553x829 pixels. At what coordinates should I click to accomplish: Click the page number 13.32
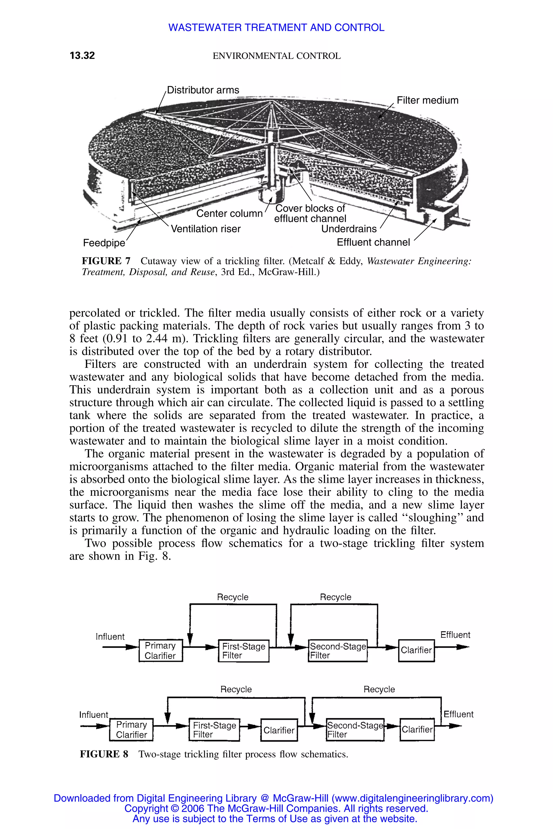pos(82,55)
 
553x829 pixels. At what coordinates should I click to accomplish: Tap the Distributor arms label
pos(203,90)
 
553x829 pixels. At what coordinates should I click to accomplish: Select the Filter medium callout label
pos(427,100)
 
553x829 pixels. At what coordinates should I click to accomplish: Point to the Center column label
pos(229,214)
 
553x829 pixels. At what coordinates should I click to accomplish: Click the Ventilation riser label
pos(205,229)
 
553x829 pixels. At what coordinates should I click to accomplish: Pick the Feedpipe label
pos(104,243)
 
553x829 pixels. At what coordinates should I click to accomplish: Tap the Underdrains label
pos(349,229)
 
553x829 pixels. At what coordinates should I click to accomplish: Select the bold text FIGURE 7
pos(106,261)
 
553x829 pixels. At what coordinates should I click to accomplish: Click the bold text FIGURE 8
pos(104,754)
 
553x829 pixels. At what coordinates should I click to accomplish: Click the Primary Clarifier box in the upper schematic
pos(160,650)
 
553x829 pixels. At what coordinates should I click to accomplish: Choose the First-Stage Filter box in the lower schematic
pos(214,730)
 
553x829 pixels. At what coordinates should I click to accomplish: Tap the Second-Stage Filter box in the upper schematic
pos(338,651)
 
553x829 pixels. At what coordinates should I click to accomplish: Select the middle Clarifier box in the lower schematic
pos(279,730)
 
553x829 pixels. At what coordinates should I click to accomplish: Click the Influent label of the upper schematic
pos(110,637)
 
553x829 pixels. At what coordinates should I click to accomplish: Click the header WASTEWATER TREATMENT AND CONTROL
pos(276,28)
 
